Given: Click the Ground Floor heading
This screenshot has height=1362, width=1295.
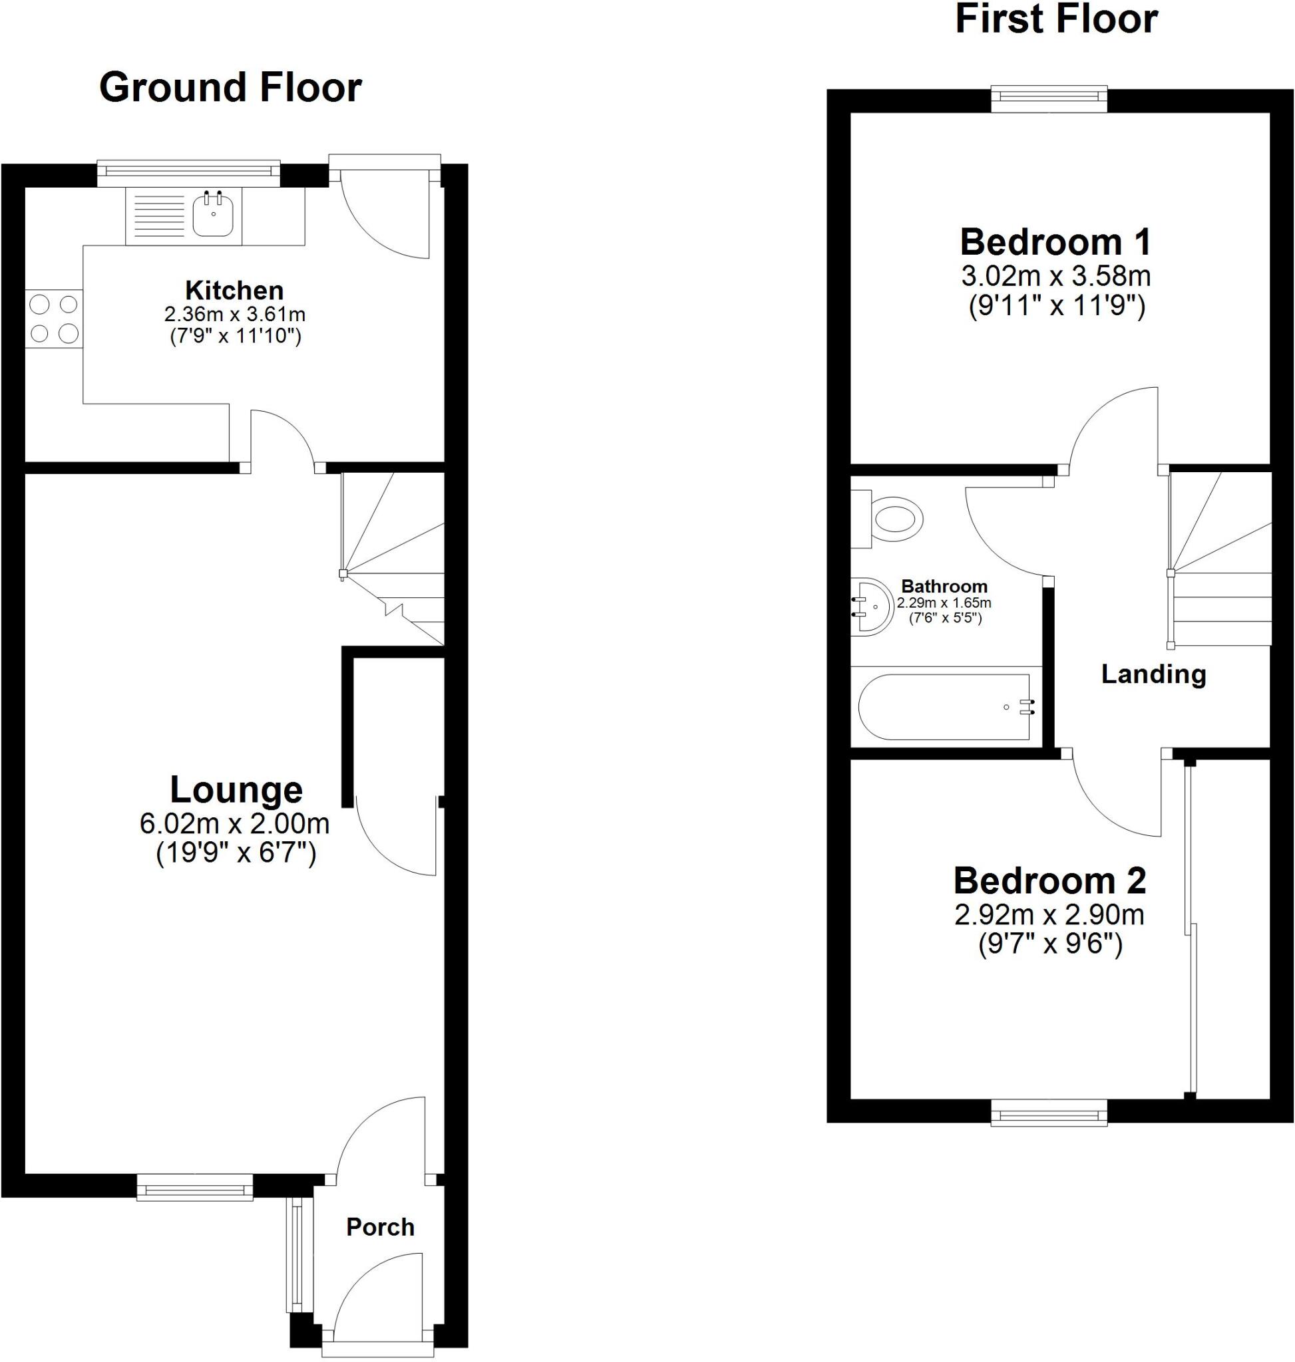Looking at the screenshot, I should click(x=230, y=88).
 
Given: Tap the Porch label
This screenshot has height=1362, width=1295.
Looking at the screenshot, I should click(x=381, y=1226).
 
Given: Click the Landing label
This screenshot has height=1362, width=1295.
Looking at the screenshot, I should click(x=1153, y=674).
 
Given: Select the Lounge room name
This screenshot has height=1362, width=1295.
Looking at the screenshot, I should click(x=236, y=789).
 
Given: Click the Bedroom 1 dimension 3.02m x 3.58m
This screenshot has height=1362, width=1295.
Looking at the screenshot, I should click(x=1056, y=276).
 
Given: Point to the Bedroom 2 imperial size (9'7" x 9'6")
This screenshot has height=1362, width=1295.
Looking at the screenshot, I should click(x=1050, y=944).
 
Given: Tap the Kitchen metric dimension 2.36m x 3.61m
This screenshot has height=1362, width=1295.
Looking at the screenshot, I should click(x=235, y=315).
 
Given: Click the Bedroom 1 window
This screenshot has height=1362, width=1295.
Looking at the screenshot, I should click(x=1049, y=99).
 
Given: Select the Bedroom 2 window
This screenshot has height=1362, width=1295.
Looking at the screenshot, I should click(x=1049, y=1112).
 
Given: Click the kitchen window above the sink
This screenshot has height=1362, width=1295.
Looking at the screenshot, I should click(x=188, y=173).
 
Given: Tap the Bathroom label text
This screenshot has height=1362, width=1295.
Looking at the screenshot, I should click(x=944, y=587).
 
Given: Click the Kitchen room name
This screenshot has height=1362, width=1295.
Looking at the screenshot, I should click(x=235, y=290).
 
